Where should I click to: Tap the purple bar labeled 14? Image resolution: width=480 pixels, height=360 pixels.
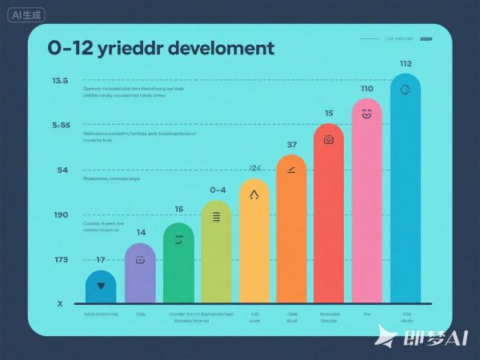(x=140, y=273)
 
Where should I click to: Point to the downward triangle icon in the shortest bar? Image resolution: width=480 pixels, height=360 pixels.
(x=101, y=284)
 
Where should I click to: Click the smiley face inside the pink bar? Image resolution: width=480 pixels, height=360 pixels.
(x=367, y=114)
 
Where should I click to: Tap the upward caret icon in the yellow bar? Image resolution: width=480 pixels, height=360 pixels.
(x=254, y=193)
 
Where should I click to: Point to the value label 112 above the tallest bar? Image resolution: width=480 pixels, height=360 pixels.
(x=405, y=64)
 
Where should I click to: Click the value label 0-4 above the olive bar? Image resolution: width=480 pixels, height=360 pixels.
(x=218, y=190)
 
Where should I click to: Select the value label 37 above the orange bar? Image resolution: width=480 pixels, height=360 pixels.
(x=292, y=145)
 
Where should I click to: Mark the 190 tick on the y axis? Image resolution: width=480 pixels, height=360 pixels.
(x=61, y=215)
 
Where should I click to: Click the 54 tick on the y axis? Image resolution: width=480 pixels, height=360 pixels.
(x=62, y=170)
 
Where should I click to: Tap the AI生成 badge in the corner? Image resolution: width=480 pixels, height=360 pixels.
(x=23, y=14)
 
